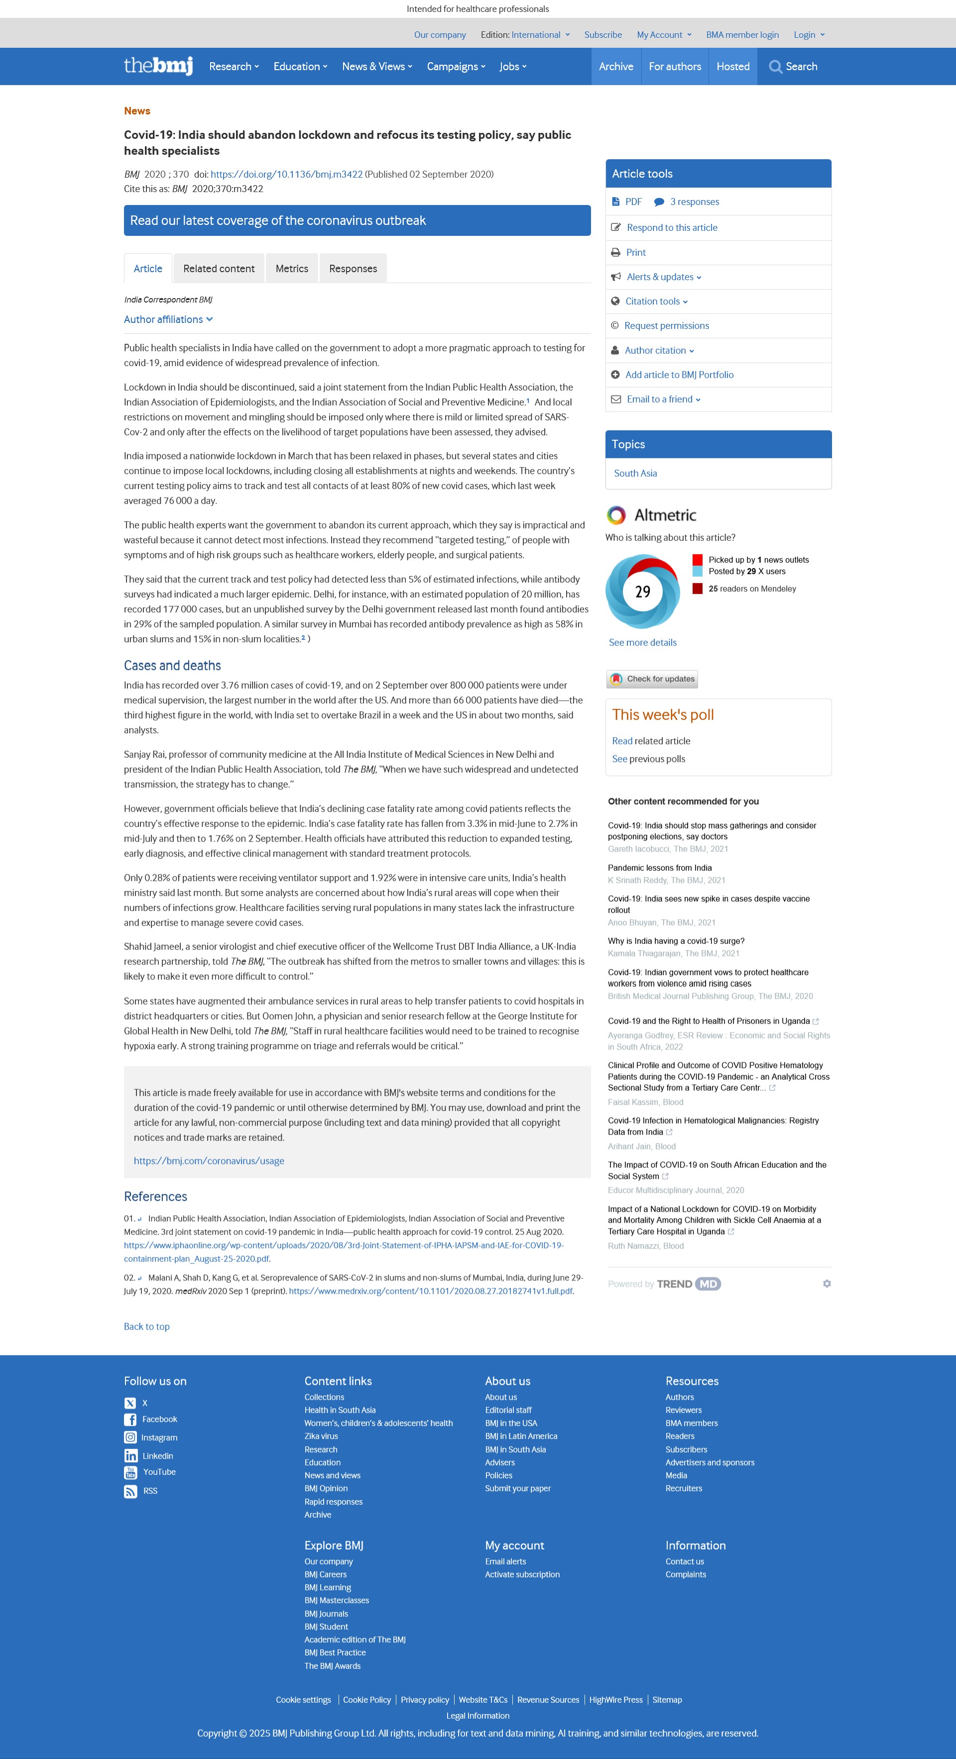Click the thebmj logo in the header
coord(158,66)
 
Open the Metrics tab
coord(292,268)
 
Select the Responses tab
coord(353,268)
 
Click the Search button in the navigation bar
coord(793,66)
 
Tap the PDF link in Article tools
coord(633,202)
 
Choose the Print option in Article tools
coord(635,252)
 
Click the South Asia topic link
coord(635,473)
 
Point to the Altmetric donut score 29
coord(642,591)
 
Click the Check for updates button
coord(652,679)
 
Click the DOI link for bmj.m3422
coord(286,174)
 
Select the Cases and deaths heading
coord(172,665)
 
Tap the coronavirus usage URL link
coord(209,1161)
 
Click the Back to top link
coord(147,1326)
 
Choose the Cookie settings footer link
coord(303,1700)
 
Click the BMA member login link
coord(742,35)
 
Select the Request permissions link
coord(666,326)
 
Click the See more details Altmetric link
coord(642,642)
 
